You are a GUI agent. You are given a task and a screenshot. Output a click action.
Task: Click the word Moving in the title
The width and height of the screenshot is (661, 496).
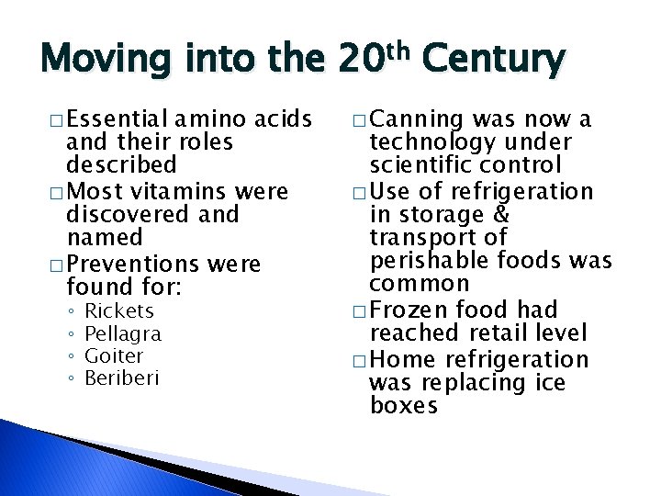(x=102, y=62)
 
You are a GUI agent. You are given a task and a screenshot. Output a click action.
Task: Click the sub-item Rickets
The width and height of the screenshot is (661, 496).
(x=118, y=311)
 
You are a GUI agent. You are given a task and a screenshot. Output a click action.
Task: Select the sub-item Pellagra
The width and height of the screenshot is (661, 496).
(x=122, y=333)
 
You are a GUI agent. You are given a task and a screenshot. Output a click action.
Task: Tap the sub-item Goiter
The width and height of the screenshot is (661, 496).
(x=114, y=355)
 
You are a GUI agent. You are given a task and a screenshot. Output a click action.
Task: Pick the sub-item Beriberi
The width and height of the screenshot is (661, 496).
(x=121, y=378)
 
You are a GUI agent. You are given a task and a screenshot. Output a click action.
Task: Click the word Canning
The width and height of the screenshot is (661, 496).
(x=419, y=119)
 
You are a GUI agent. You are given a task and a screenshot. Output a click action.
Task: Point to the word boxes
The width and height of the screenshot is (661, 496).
(x=404, y=405)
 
